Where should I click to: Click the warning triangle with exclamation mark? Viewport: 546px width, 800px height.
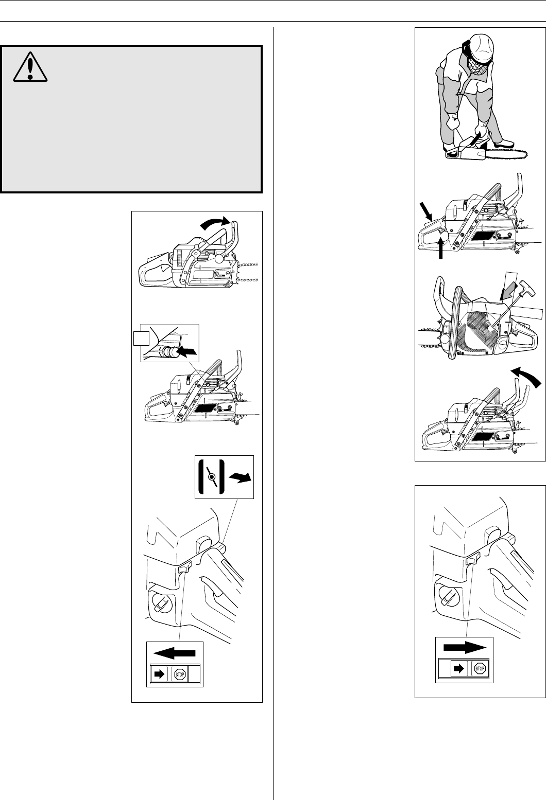[30, 67]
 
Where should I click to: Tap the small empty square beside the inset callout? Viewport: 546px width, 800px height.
[141, 338]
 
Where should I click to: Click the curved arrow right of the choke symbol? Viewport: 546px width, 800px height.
[240, 477]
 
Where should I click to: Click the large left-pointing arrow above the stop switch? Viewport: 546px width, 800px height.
[174, 653]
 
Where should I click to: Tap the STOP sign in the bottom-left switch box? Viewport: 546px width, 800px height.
[180, 674]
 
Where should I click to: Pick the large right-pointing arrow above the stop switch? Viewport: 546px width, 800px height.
[465, 648]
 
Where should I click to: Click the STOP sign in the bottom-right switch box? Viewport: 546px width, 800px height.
[480, 669]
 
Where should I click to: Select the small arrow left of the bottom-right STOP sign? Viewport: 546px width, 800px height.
[458, 669]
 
